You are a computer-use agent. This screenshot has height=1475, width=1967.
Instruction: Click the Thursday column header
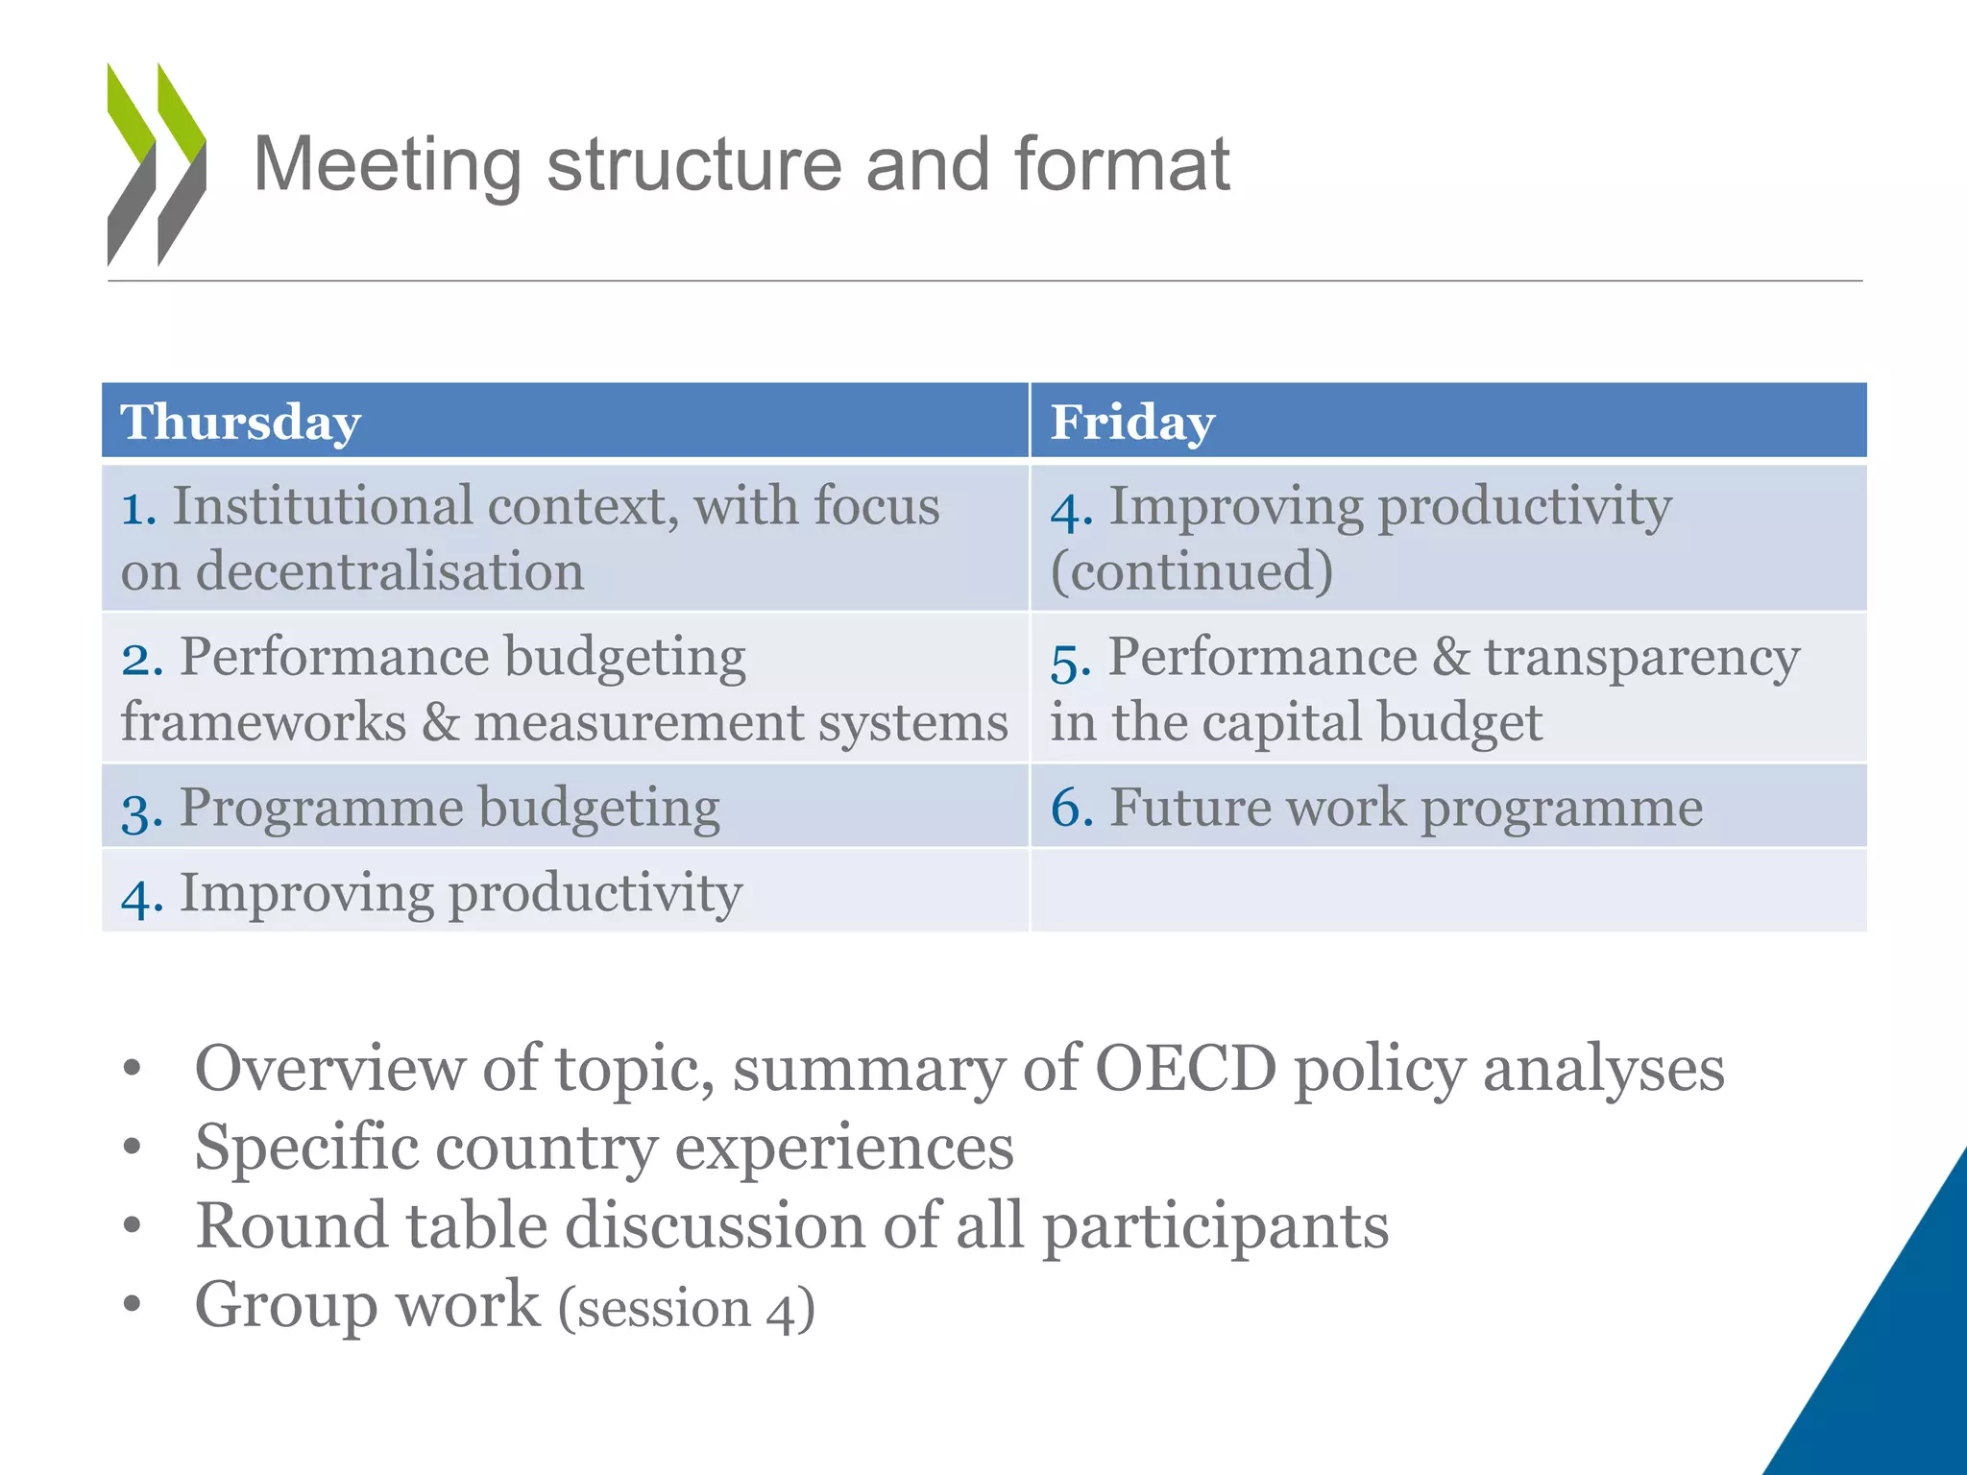pos(240,423)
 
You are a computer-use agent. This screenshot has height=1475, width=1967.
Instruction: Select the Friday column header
pos(1132,423)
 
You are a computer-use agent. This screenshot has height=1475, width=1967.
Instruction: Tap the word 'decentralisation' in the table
pos(390,571)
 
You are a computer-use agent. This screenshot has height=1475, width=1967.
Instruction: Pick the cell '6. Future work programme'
pos(1376,808)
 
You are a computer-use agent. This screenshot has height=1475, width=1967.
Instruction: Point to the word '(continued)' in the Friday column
pos(1192,571)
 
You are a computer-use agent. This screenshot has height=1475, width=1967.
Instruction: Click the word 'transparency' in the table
pos(1641,658)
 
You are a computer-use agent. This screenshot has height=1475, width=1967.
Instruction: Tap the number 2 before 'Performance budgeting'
pos(140,660)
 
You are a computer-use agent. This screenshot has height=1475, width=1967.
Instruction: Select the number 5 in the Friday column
pos(1069,662)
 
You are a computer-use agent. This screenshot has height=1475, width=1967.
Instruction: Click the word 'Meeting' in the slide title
pos(387,165)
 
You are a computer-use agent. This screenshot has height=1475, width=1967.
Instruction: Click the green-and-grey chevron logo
pos(156,163)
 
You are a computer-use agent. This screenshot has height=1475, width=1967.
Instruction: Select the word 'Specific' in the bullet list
pos(306,1149)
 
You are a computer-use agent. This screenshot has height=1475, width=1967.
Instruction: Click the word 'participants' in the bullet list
pos(1216,1227)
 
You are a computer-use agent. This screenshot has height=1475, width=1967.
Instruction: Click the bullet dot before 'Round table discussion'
pos(133,1225)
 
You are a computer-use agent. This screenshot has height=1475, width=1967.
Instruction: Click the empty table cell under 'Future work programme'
pos(1448,891)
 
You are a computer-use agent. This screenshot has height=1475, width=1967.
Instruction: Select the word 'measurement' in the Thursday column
pos(638,722)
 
